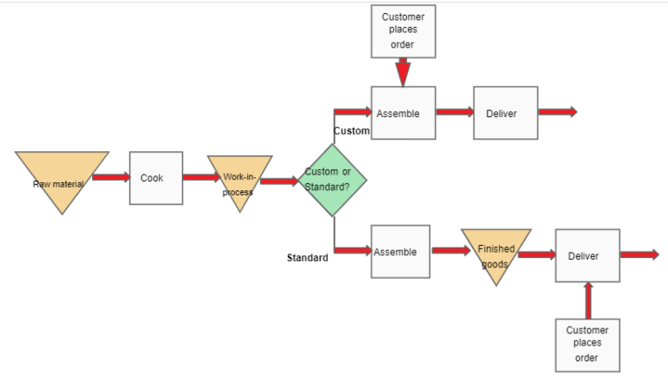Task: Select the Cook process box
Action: click(x=156, y=178)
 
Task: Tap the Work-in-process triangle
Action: click(x=239, y=181)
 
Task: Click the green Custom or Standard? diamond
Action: click(x=333, y=181)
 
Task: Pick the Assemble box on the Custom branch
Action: click(x=402, y=113)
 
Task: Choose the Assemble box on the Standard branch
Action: click(x=400, y=252)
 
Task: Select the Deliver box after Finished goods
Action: click(x=587, y=255)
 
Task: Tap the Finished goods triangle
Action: click(x=496, y=254)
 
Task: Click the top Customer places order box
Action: click(x=403, y=31)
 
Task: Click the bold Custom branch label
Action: click(x=351, y=130)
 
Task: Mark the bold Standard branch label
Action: click(x=308, y=258)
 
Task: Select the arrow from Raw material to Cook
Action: click(x=110, y=178)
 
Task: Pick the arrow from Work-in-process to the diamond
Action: click(x=278, y=181)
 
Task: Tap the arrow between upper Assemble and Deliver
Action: click(x=454, y=112)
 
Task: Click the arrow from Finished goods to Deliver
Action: click(x=537, y=255)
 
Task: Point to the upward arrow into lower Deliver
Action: click(x=588, y=300)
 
